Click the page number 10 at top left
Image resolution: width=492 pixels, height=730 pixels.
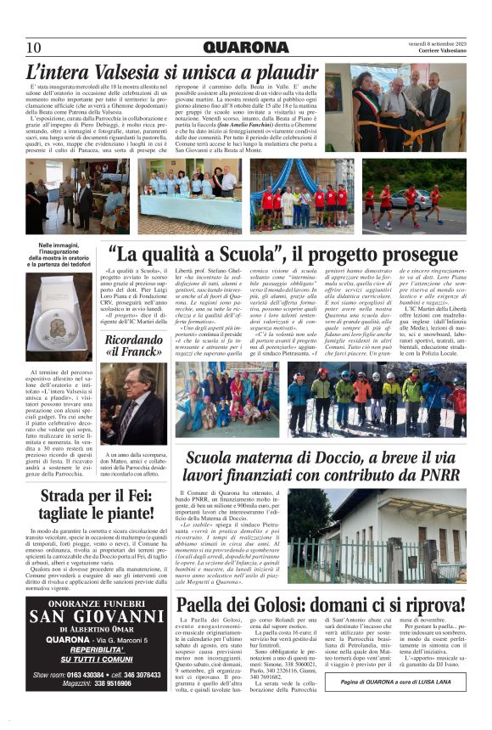coord(33,47)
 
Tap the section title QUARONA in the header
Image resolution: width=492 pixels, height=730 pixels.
coord(245,47)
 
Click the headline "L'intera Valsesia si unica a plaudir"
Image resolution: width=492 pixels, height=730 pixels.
coord(173,71)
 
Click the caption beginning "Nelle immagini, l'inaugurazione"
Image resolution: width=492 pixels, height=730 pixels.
coord(64,255)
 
